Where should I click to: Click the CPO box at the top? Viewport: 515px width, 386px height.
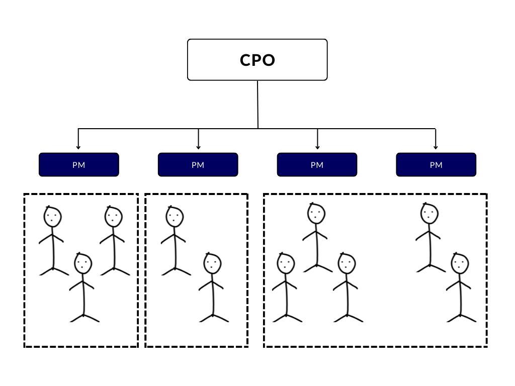pos(257,60)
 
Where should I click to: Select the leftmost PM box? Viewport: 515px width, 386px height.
pos(79,165)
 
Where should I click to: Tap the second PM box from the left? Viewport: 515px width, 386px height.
pos(198,165)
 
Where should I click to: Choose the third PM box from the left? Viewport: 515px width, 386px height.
pos(317,165)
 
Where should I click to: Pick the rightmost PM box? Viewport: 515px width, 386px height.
pos(436,165)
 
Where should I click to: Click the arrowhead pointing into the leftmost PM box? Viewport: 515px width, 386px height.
pos(78,147)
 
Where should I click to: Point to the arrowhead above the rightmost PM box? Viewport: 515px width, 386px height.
pos(436,147)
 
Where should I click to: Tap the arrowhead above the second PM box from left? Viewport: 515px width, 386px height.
pos(198,147)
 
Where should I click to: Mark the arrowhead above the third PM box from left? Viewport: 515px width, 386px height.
pos(317,147)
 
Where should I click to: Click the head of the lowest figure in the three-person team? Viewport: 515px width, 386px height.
pos(83,263)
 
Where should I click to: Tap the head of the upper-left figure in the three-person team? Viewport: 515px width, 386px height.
pos(52,217)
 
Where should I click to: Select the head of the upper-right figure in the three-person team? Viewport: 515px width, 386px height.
pos(114,217)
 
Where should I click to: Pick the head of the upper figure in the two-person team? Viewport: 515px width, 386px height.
pos(175,217)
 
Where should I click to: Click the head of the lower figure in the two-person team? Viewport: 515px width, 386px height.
pos(212,263)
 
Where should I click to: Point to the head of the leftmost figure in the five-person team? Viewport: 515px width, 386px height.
pos(286,263)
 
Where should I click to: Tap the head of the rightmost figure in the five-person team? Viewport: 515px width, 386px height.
pos(460,263)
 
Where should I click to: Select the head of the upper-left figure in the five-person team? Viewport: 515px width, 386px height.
pos(316,214)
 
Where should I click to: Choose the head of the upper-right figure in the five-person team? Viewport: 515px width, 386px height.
pos(430,214)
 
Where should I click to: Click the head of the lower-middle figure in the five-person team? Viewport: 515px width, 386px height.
pos(347,263)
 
